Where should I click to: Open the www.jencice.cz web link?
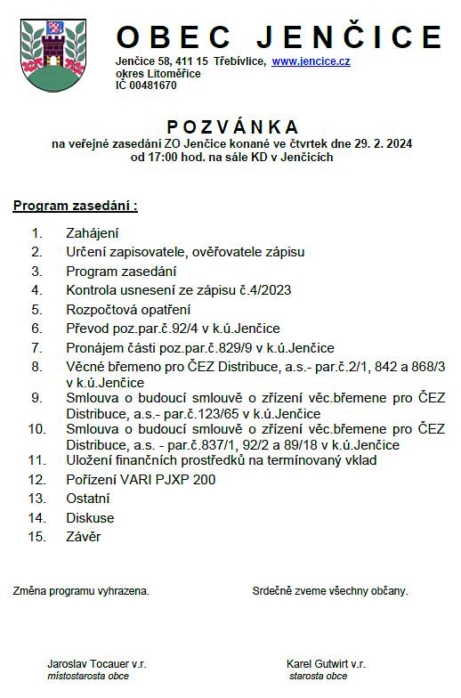[x=311, y=61]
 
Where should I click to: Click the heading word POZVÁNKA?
[x=232, y=127]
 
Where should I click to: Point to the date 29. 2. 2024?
[x=374, y=143]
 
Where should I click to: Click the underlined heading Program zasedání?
[x=75, y=207]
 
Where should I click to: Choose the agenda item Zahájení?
[x=93, y=233]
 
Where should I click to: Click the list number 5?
[x=36, y=309]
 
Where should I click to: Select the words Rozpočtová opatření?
[x=128, y=309]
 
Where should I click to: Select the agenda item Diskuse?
[x=90, y=517]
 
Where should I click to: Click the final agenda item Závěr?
[x=84, y=537]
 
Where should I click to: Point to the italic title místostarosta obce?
[x=88, y=677]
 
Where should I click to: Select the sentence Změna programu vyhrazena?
[x=81, y=590]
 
